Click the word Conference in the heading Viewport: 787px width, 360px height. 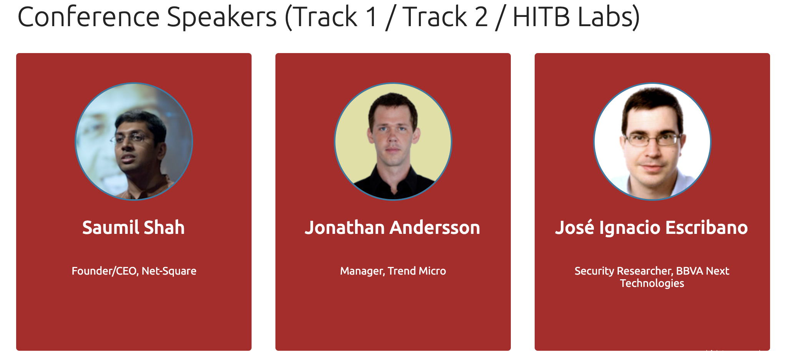point(89,17)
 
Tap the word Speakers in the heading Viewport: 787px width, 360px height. point(222,18)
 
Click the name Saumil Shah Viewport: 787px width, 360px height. point(133,227)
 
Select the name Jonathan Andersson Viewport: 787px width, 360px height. point(393,227)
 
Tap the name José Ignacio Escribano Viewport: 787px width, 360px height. point(652,227)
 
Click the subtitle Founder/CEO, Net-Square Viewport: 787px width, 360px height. point(134,271)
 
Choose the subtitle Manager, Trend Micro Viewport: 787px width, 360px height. point(393,271)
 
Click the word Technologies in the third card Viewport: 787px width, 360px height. point(652,283)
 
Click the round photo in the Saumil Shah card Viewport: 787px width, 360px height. point(134,142)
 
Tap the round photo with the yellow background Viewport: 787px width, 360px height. point(393,142)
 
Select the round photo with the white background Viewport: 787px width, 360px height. point(652,142)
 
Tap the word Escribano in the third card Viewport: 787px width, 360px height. point(707,227)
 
